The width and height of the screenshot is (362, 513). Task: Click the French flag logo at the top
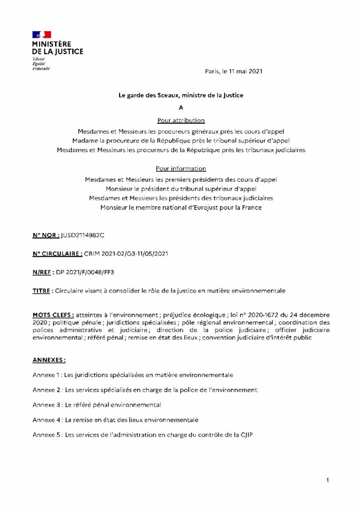(x=41, y=35)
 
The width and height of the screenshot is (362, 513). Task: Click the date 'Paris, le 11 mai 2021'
(x=233, y=72)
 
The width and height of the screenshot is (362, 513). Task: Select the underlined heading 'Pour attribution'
(x=181, y=120)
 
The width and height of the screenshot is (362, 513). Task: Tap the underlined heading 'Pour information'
(x=181, y=169)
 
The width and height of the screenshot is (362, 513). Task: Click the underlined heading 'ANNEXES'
(x=49, y=360)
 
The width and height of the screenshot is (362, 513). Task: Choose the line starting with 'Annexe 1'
(x=132, y=375)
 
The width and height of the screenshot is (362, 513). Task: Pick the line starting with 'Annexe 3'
(x=96, y=405)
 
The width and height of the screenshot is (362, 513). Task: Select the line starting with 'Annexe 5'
(x=142, y=434)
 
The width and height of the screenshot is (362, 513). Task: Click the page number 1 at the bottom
(x=327, y=481)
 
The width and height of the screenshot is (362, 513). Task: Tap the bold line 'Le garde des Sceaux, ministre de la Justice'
(x=181, y=95)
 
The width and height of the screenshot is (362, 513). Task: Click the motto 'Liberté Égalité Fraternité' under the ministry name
(x=38, y=64)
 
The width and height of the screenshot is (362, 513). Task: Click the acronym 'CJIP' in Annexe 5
(x=245, y=434)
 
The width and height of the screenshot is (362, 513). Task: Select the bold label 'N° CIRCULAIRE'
(x=57, y=254)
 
